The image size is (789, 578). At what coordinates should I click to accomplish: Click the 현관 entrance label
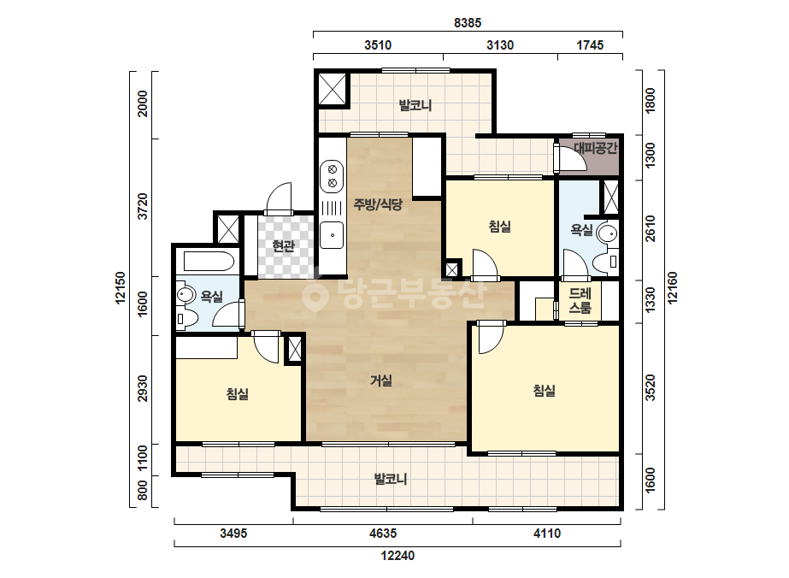pyautogui.click(x=283, y=246)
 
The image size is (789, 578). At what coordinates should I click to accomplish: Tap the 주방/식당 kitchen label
pyautogui.click(x=378, y=204)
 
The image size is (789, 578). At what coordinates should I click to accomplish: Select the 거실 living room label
pyautogui.click(x=381, y=380)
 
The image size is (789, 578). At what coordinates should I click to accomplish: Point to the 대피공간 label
pyautogui.click(x=595, y=148)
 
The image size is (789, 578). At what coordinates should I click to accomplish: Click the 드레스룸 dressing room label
pyautogui.click(x=580, y=301)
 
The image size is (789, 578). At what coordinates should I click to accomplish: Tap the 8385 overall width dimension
pyautogui.click(x=468, y=22)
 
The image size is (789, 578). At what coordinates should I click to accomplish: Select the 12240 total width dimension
pyautogui.click(x=397, y=556)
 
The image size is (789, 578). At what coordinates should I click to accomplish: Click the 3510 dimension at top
pyautogui.click(x=378, y=44)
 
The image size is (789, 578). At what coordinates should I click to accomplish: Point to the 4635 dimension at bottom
pyautogui.click(x=383, y=534)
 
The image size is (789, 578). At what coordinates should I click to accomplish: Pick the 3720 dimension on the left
pyautogui.click(x=143, y=206)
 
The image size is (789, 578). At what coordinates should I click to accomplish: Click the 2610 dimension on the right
pyautogui.click(x=651, y=228)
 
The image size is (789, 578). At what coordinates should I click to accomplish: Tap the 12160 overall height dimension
pyautogui.click(x=672, y=288)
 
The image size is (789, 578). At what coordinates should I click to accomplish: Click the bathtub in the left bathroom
pyautogui.click(x=209, y=262)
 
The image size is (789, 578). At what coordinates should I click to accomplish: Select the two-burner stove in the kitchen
pyautogui.click(x=333, y=176)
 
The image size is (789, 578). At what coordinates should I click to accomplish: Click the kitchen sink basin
pyautogui.click(x=333, y=234)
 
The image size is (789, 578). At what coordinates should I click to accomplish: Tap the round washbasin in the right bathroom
pyautogui.click(x=607, y=233)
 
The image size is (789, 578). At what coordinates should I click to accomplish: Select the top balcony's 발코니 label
pyautogui.click(x=415, y=106)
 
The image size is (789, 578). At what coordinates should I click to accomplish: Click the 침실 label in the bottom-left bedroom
pyautogui.click(x=238, y=393)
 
